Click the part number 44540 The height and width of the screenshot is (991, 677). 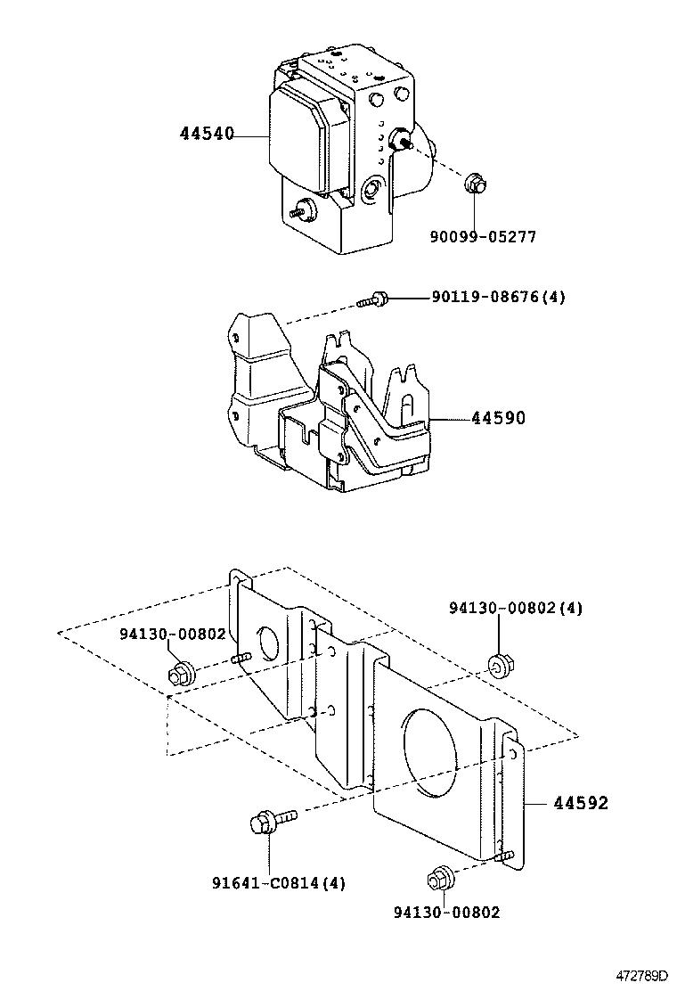(207, 135)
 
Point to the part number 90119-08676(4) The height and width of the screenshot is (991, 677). (498, 298)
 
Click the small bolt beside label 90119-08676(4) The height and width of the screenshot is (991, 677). (374, 300)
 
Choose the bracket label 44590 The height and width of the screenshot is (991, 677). (498, 418)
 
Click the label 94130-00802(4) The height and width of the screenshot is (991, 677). (516, 608)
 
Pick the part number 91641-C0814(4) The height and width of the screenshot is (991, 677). (278, 883)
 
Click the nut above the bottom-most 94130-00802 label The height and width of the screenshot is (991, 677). (439, 877)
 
